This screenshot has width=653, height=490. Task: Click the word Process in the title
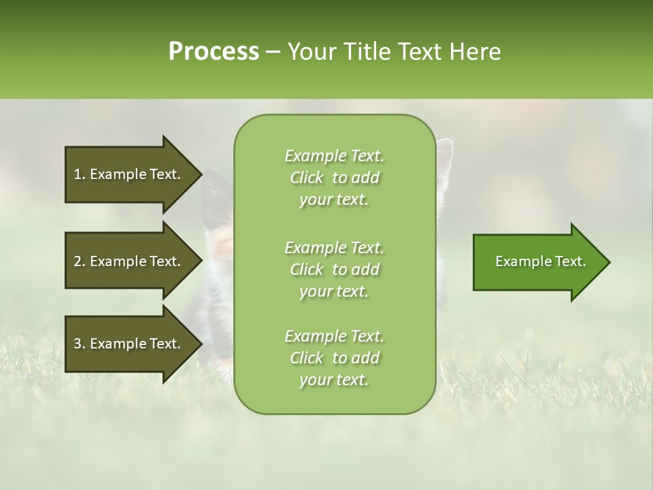(214, 52)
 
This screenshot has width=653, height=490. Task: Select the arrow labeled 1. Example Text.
(129, 174)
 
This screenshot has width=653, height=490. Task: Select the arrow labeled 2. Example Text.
(129, 261)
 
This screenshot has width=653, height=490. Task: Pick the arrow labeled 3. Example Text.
(129, 344)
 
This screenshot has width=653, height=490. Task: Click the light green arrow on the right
(537, 261)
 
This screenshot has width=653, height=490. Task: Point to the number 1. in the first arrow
(79, 174)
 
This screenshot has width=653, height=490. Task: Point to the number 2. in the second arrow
(79, 261)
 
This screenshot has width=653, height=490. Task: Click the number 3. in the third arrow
(79, 344)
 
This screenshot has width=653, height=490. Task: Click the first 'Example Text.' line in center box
(334, 156)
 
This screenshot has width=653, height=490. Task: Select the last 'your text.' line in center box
(334, 380)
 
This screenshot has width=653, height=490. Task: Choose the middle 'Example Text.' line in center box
(334, 247)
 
